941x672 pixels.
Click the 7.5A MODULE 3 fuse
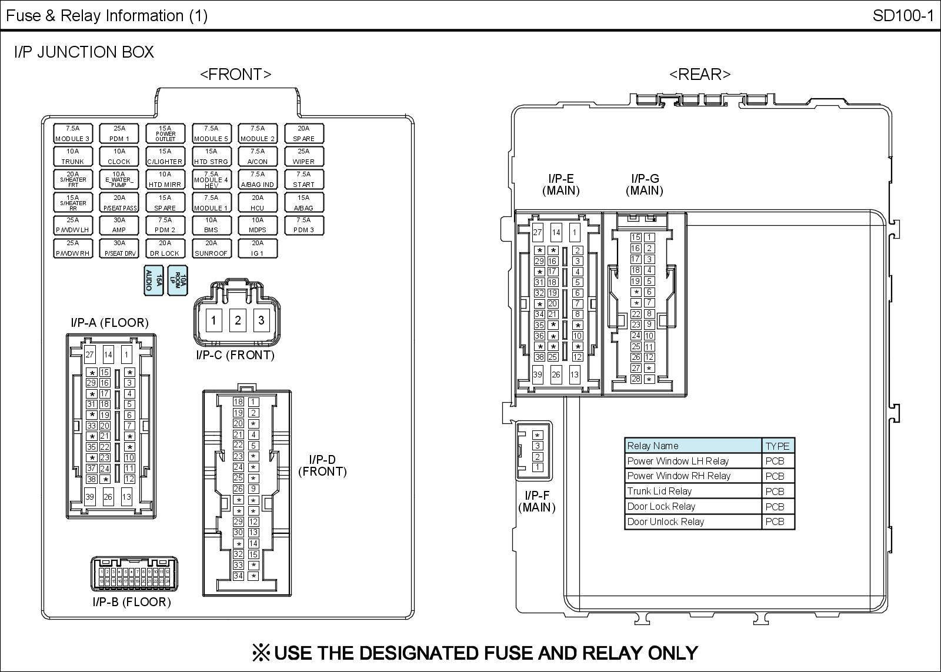coord(72,133)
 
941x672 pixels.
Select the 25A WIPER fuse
coord(303,156)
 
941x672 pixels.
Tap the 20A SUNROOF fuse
coord(211,248)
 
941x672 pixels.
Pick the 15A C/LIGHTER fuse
coord(165,156)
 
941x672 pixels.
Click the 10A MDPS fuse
coord(257,225)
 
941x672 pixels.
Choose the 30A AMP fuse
coord(119,225)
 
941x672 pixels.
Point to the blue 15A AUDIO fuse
coord(153,279)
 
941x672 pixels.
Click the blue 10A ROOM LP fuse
coord(178,279)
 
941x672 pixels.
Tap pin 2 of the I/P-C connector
coord(238,320)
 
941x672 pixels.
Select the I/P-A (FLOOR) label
coord(109,323)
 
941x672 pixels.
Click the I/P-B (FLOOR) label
coord(132,602)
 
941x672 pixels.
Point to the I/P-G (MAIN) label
coord(645,185)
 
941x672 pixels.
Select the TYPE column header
coord(778,446)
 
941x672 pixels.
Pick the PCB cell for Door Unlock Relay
coord(775,522)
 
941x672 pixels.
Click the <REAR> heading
coord(700,75)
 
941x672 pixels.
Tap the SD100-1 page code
coord(903,16)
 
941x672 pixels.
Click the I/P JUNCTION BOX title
coord(84,52)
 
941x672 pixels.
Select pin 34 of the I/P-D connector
coord(238,576)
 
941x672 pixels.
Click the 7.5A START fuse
coord(303,179)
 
